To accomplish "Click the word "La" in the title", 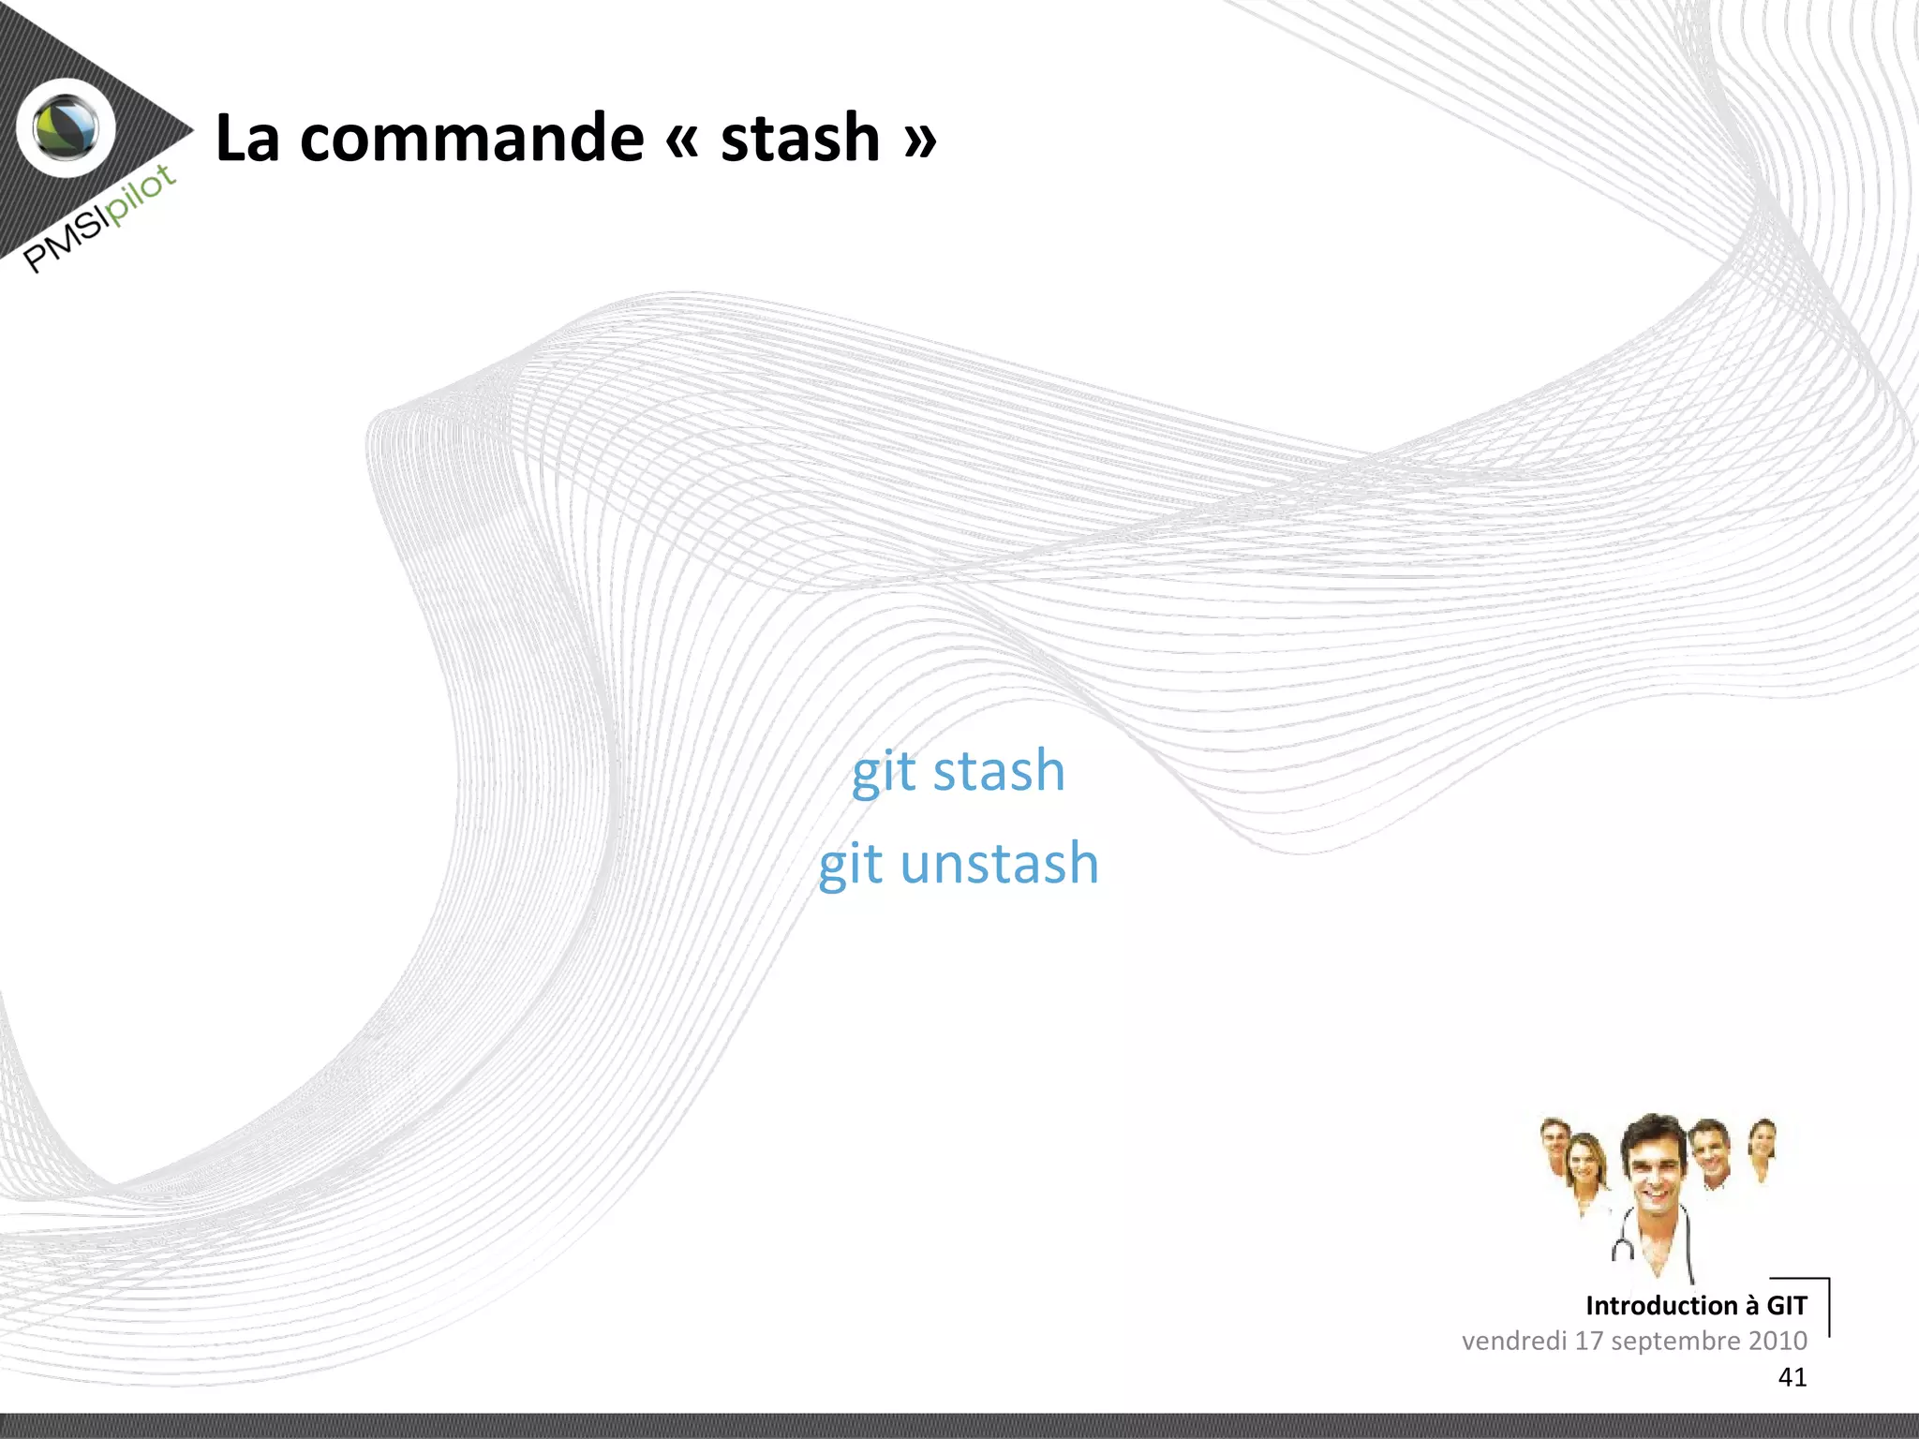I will [247, 139].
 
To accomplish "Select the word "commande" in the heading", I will [471, 139].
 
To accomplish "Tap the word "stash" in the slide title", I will [800, 139].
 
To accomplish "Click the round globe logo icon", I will [66, 127].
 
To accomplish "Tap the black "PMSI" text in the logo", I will [64, 243].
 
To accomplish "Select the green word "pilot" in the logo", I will [141, 194].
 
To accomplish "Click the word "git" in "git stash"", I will [883, 772].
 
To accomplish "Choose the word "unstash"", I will [999, 863].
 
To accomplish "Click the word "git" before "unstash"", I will [850, 865].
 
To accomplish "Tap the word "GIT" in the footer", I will [1786, 1305].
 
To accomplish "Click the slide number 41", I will [1792, 1377].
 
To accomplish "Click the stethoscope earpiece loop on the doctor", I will [1622, 1249].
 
